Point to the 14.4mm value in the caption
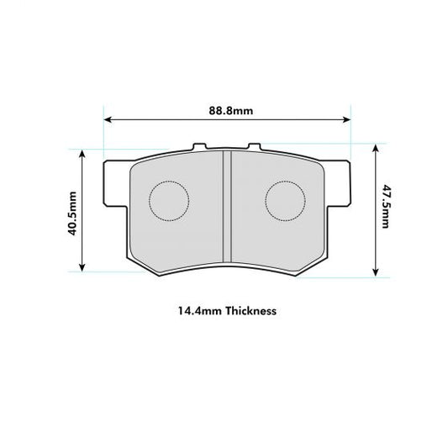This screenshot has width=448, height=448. point(194,310)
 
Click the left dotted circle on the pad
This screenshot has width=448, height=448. point(169,200)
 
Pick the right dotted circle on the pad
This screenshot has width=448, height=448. point(286,200)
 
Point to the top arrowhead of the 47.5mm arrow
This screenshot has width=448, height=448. point(374,146)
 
